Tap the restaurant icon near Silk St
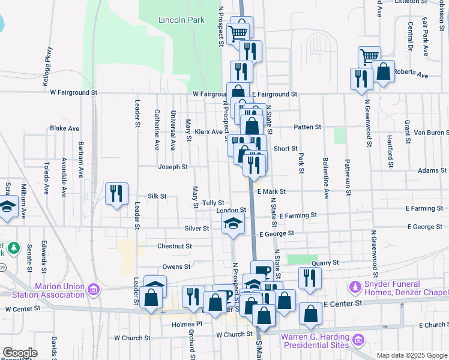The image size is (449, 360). (x=116, y=194)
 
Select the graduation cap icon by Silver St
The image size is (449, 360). (x=233, y=225)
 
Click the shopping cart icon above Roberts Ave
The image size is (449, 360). (x=369, y=57)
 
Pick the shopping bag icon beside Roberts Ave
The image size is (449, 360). (x=384, y=71)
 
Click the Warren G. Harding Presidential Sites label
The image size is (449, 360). (x=318, y=341)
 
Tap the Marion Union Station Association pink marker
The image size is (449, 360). (x=93, y=290)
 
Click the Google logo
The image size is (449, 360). (x=20, y=353)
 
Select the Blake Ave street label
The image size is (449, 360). (x=65, y=128)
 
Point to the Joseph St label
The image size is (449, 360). (x=173, y=167)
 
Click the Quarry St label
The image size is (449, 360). (x=325, y=263)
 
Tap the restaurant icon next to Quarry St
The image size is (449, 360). (x=309, y=278)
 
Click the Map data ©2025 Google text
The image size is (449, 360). (x=411, y=355)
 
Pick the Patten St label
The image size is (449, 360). (x=308, y=127)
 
